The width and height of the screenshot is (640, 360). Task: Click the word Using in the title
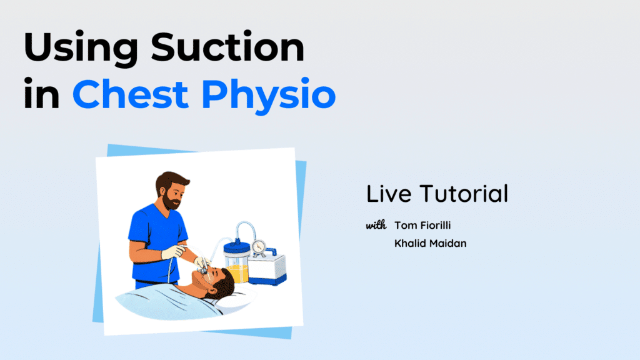81,48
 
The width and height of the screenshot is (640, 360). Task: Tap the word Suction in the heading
227,46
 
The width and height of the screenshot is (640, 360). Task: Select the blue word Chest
130,94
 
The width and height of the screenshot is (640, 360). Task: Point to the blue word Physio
268,96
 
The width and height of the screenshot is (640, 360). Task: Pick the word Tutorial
464,194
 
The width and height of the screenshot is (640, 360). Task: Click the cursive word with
376,225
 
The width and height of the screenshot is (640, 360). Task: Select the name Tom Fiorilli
422,225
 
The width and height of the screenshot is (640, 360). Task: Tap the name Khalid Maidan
430,243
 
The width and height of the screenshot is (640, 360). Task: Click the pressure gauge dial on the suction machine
258,247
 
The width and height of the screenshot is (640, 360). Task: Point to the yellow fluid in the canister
237,273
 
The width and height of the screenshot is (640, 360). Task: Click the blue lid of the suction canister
237,247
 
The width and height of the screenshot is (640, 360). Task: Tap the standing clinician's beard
171,201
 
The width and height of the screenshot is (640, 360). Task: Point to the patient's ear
211,284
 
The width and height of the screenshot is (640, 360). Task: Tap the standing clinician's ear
162,191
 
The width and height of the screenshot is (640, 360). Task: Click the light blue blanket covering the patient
168,301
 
